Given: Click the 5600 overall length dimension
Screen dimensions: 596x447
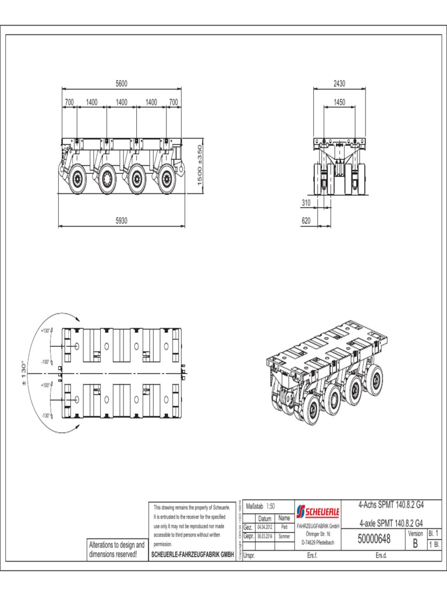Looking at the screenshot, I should (121, 84).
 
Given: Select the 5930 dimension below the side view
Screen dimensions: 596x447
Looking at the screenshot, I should (121, 221).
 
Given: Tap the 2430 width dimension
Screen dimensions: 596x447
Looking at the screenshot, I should (339, 84).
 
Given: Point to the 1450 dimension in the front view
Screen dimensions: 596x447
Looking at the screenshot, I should (339, 102).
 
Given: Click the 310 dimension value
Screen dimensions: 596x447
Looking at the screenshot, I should (307, 203).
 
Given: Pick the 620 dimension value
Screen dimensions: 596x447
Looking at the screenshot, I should (307, 221).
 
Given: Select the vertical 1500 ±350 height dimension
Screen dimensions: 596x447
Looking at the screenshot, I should (200, 166).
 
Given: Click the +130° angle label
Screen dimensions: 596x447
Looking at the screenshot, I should (45, 331).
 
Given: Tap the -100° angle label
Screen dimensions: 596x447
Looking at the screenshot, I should (45, 361).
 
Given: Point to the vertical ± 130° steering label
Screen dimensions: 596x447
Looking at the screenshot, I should (24, 373).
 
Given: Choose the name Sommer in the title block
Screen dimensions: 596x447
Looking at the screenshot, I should (284, 535).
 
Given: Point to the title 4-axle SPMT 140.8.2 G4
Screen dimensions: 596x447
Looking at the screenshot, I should (391, 522).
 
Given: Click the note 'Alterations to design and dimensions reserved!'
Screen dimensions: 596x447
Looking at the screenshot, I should (116, 549).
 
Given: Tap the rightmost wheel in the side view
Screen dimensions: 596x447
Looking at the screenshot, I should (167, 180).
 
